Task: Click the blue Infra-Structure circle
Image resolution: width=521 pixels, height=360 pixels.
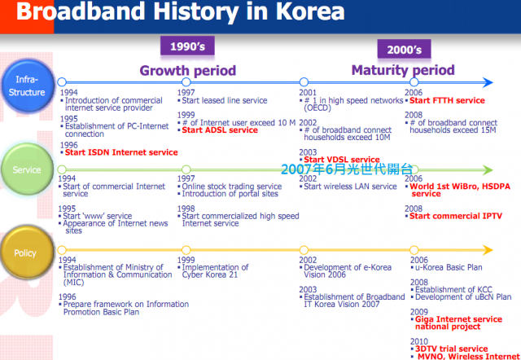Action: point(27,86)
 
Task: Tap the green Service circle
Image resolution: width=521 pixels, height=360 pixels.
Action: point(27,169)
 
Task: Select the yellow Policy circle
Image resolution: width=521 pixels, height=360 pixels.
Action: point(27,253)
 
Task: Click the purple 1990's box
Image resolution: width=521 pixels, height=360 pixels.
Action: point(187,46)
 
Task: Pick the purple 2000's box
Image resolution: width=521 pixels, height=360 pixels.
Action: point(404,49)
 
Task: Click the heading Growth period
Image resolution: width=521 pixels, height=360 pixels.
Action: point(188,70)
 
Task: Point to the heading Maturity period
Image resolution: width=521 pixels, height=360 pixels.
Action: point(403,70)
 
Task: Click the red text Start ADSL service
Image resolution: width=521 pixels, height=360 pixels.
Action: point(220,130)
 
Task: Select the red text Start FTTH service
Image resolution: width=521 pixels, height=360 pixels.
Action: point(447,100)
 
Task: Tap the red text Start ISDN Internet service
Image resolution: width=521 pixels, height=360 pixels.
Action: point(121,152)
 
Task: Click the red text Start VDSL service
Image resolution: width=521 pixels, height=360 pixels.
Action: point(342,160)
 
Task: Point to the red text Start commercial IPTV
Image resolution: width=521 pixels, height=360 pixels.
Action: point(456,216)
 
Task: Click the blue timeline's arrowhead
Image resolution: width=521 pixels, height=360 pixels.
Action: point(488,82)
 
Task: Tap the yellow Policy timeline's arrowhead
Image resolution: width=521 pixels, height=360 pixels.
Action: point(488,250)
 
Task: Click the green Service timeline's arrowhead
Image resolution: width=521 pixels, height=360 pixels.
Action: point(488,170)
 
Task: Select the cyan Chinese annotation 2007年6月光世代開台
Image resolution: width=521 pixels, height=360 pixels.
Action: point(347,169)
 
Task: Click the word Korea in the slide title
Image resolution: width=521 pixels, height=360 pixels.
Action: point(310,11)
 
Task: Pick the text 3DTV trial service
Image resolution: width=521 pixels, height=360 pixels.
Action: point(451,349)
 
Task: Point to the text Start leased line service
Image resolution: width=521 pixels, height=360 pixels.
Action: point(225,100)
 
